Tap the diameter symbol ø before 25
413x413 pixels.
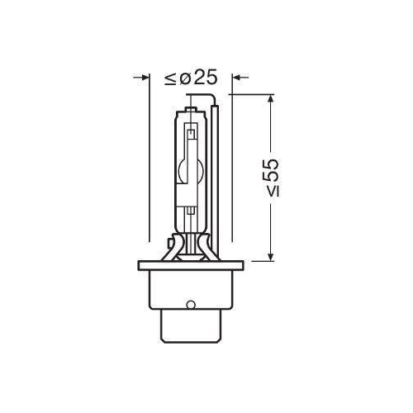[184, 79]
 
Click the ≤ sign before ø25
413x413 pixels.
[169, 79]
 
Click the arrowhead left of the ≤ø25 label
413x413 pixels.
[141, 79]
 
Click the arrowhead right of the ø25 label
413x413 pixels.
[238, 79]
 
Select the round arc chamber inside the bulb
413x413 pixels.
[191, 170]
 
